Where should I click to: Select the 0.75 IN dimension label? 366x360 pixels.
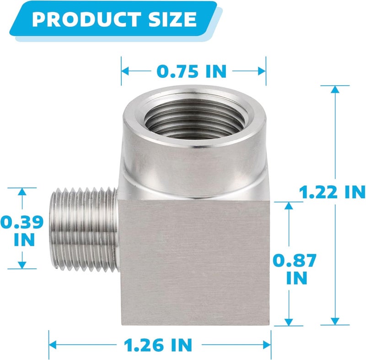tap(192, 71)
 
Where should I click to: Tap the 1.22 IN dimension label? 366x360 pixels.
tap(332, 192)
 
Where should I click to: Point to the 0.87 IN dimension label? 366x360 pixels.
tap(295, 269)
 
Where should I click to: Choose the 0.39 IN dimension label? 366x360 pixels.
tap(22, 230)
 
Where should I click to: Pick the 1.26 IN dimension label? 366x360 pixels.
tap(158, 345)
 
